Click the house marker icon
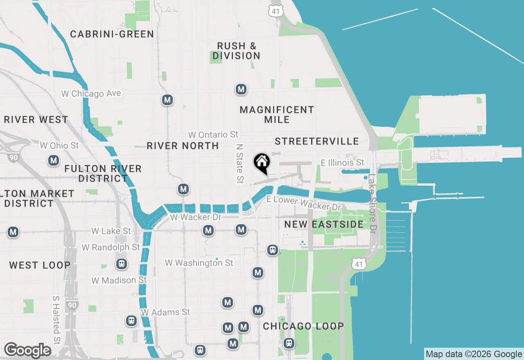262,162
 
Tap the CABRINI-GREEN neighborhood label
112,34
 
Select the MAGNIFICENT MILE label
277,115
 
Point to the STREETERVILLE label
317,141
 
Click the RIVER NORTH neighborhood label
183,146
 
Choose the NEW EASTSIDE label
324,224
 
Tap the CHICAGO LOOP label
303,326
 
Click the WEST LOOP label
40,265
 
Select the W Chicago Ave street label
91,94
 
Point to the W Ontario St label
213,135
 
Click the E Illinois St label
342,163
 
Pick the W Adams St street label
165,312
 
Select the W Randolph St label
111,248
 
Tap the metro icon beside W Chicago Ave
167,100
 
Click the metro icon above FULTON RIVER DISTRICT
53,160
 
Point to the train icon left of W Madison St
121,264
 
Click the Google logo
27,350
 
